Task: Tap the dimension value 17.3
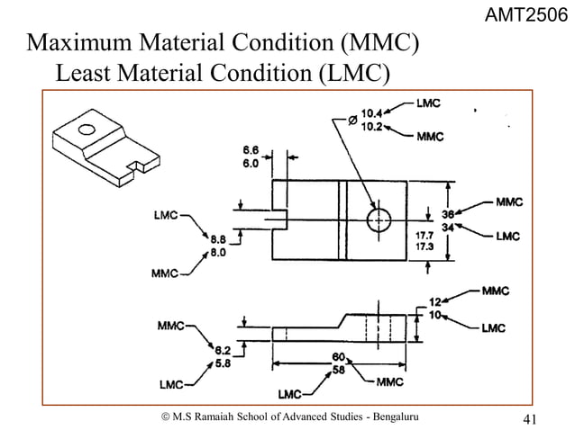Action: [x=423, y=245]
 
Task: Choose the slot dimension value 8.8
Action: [x=219, y=239]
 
